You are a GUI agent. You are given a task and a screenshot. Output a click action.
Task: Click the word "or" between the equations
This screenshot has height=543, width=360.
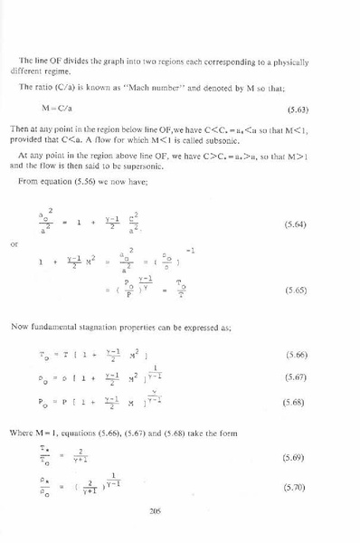point(40,243)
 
